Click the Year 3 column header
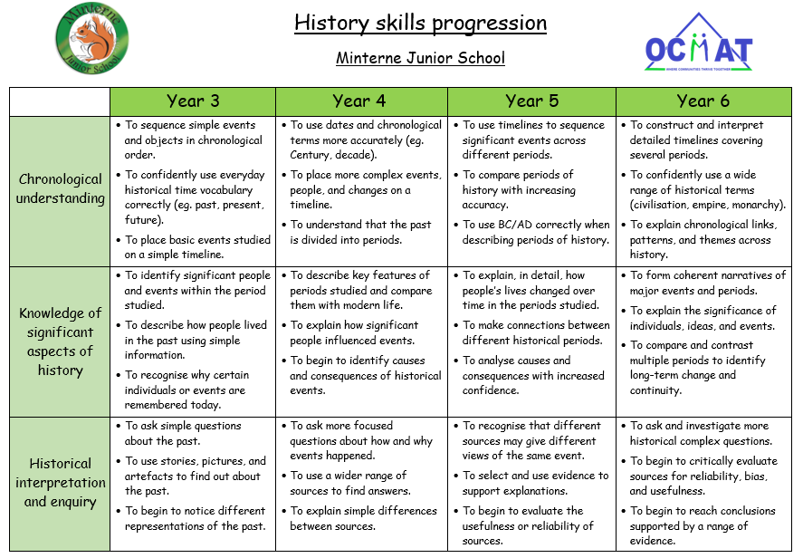[193, 101]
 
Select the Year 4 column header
[359, 101]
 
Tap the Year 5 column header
[531, 101]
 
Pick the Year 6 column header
[703, 101]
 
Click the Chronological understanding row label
[60, 188]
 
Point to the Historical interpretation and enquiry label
[60, 483]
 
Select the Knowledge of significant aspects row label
[60, 342]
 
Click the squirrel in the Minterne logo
[92, 38]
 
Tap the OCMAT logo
[699, 42]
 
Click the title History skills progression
[420, 23]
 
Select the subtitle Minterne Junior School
[420, 58]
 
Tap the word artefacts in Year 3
[148, 476]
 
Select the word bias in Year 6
[755, 476]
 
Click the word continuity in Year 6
[655, 390]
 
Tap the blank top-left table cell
[60, 102]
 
